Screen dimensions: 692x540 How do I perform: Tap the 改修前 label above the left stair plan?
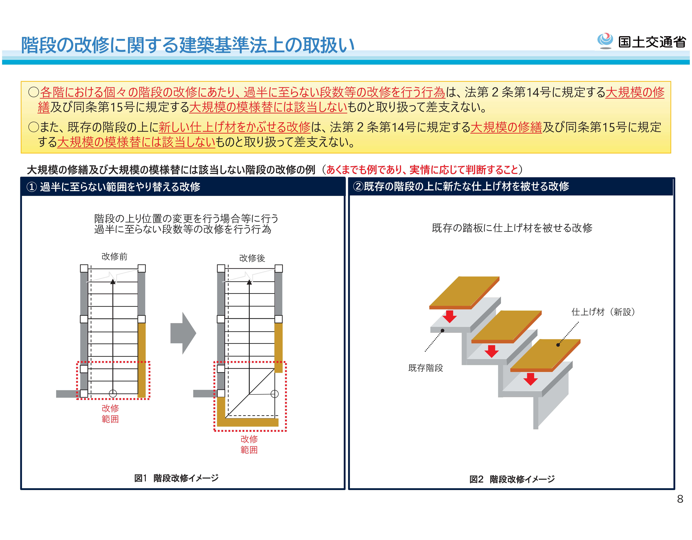click(114, 256)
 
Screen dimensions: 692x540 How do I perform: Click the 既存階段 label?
click(426, 368)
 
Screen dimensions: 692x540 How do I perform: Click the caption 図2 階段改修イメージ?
click(512, 479)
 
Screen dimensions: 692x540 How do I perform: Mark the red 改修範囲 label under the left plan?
click(110, 413)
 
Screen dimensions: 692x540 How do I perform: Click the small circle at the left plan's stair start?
click(113, 393)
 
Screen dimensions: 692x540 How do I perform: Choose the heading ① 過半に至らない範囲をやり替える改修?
click(113, 187)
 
